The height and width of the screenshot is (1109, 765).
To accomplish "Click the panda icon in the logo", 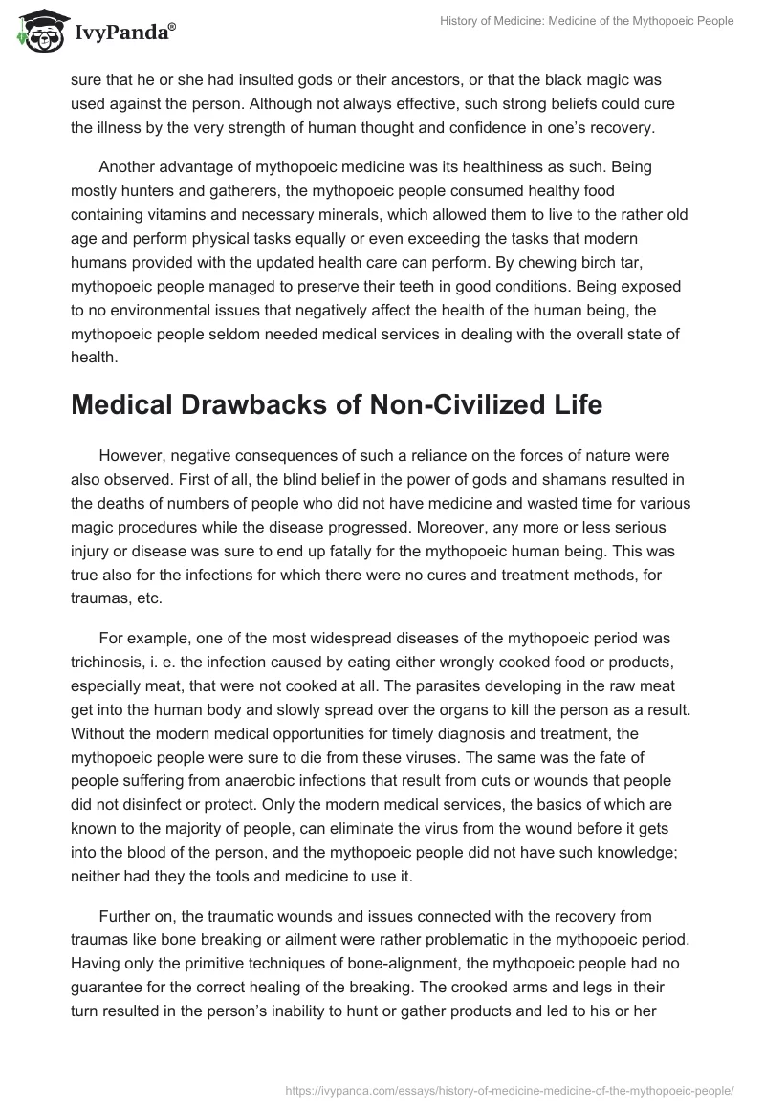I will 37,32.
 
